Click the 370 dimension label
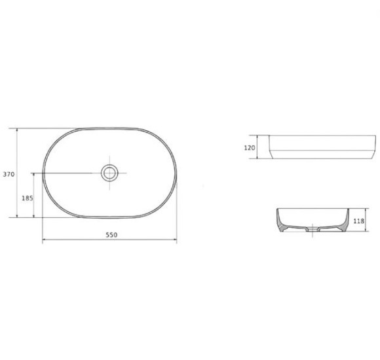(x=9, y=174)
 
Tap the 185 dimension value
(x=28, y=198)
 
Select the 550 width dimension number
(x=111, y=234)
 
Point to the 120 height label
(x=250, y=147)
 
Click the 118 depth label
(x=359, y=221)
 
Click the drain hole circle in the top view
(x=109, y=173)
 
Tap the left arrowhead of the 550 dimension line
(x=45, y=240)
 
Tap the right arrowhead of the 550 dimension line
(x=175, y=240)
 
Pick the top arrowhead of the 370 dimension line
(x=17, y=130)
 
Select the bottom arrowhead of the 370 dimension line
(x=17, y=215)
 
